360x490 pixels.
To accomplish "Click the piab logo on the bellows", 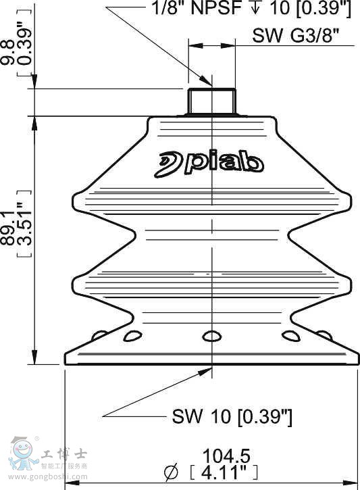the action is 209,164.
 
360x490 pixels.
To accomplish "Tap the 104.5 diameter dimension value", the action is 226,456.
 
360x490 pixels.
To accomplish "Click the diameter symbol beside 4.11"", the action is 171,472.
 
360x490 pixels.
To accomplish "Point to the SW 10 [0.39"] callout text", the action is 232,416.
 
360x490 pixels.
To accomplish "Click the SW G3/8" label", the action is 296,36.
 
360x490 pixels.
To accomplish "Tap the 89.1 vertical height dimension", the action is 7,228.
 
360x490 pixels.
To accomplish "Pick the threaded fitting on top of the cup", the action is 211,102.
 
